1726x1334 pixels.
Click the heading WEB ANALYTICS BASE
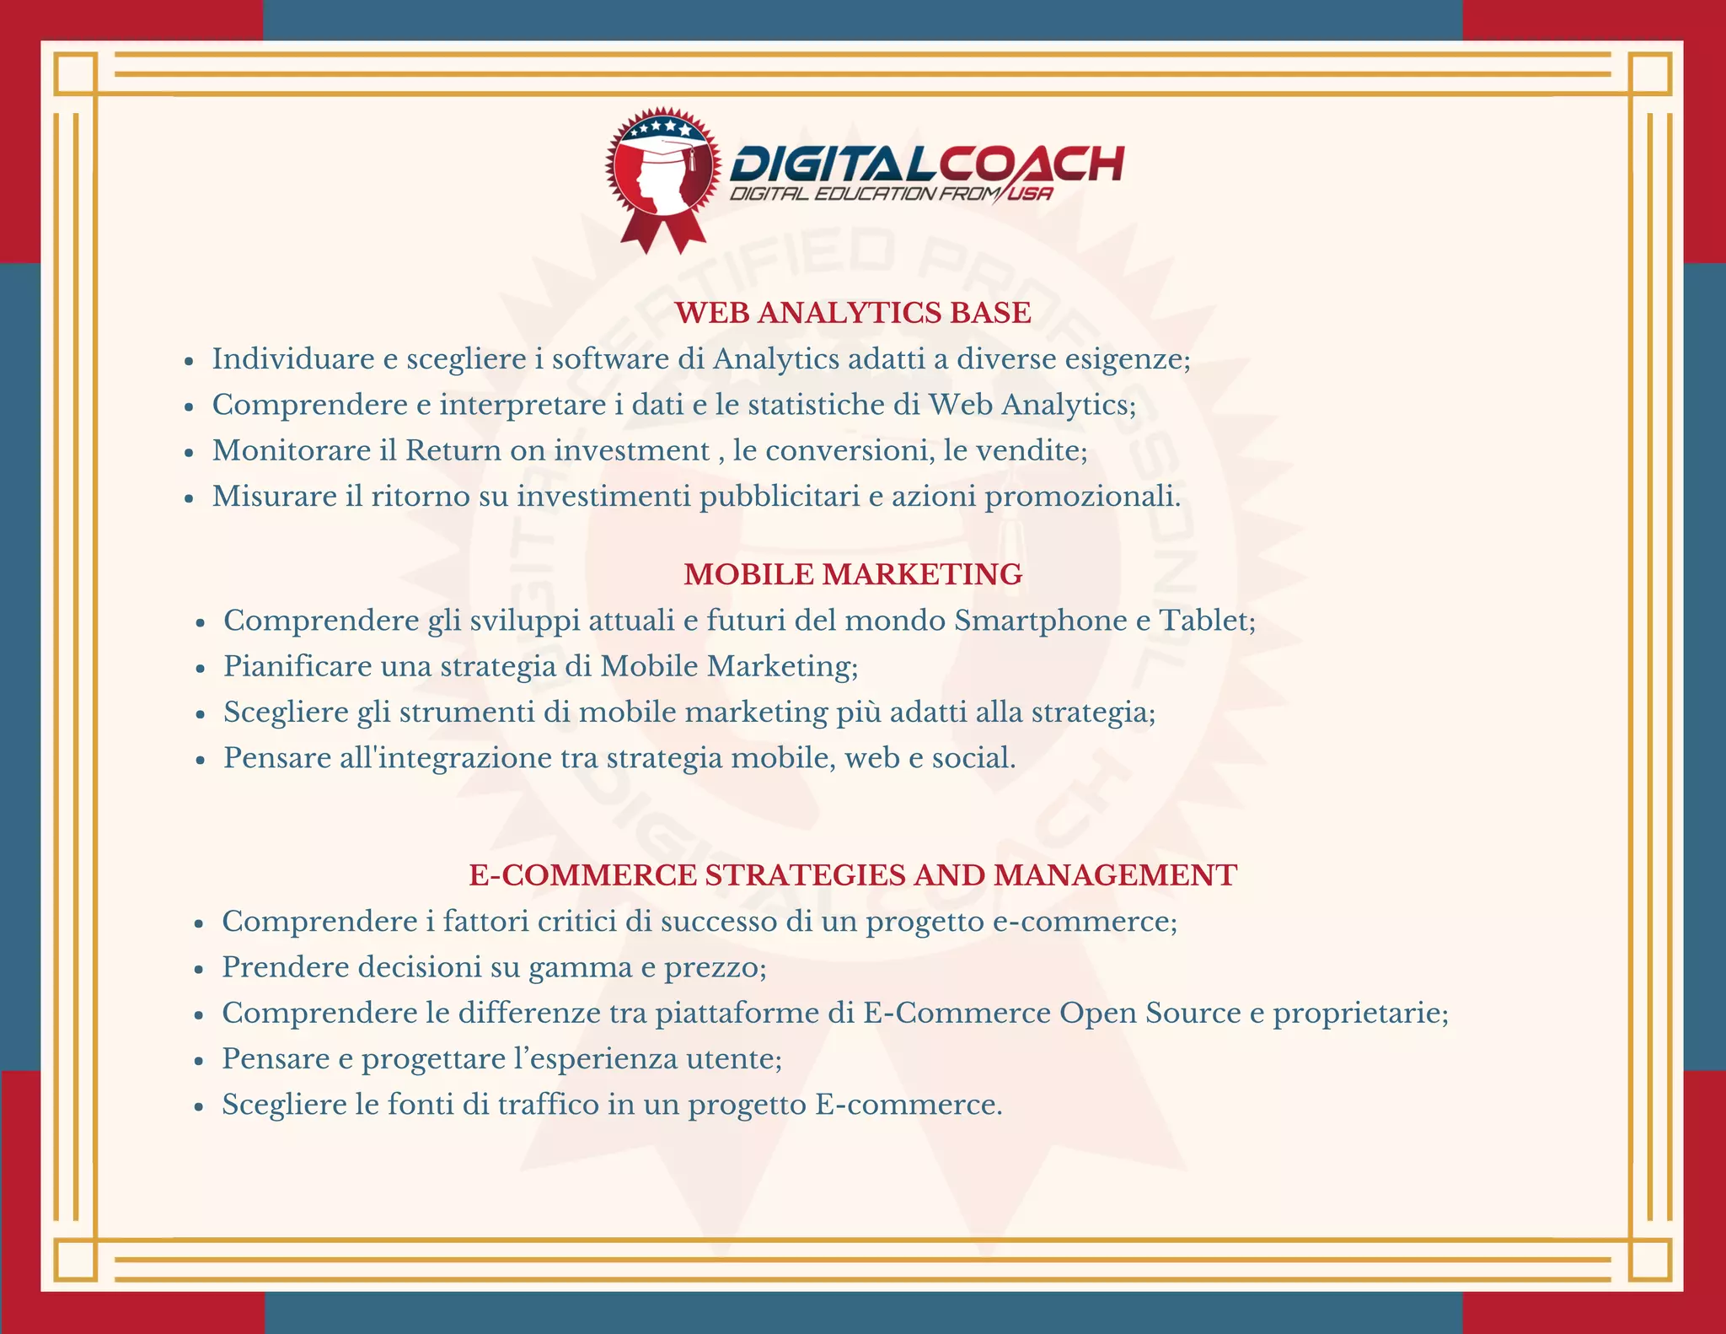click(853, 313)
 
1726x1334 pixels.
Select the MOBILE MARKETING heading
click(853, 574)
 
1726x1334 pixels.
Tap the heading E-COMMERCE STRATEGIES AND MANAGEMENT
click(853, 875)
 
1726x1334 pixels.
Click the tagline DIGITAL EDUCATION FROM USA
click(891, 195)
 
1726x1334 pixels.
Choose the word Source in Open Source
click(1193, 1013)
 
